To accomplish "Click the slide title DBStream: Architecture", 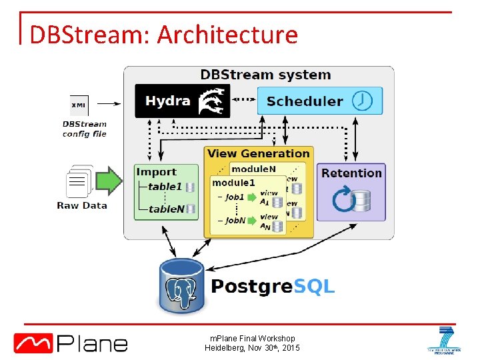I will click(x=163, y=35).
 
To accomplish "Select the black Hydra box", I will click(x=182, y=101).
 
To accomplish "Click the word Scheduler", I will click(x=305, y=101).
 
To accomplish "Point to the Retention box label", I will click(x=351, y=173).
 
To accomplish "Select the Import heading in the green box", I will click(x=156, y=172).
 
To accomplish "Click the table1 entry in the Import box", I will click(x=165, y=187).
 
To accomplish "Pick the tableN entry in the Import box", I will click(x=166, y=209).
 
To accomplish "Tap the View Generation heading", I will click(x=259, y=153).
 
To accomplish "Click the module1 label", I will click(x=233, y=183).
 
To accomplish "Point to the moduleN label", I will click(x=253, y=169).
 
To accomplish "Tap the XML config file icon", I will click(x=79, y=105).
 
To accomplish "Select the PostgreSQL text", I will click(x=273, y=287).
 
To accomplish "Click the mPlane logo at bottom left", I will click(x=71, y=343).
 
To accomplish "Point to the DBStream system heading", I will click(x=265, y=75).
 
